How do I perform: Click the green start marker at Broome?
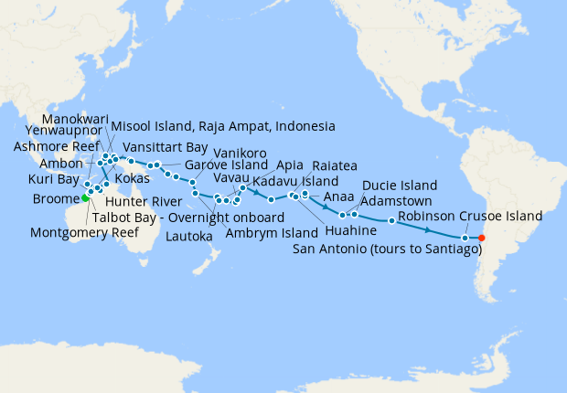click(85, 197)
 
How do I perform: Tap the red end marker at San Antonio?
click(481, 239)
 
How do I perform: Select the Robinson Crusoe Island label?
click(470, 217)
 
